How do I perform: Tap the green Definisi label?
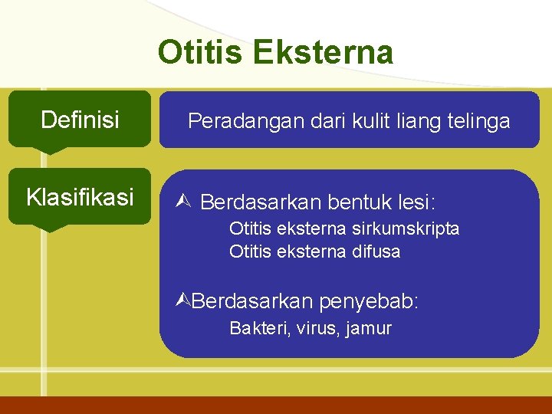(x=80, y=120)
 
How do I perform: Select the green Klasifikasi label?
(x=80, y=197)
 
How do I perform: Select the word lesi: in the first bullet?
(x=417, y=203)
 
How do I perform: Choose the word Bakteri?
(x=255, y=329)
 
